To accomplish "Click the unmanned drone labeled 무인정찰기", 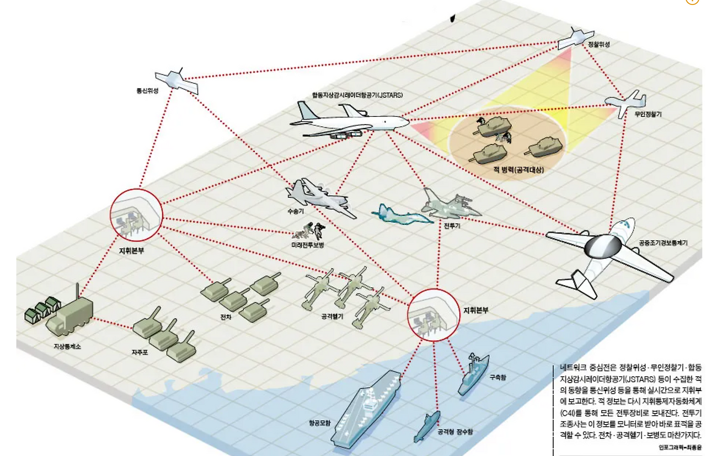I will click(x=625, y=102).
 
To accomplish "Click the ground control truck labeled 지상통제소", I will click(x=69, y=318).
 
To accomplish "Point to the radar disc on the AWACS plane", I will click(x=602, y=246).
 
